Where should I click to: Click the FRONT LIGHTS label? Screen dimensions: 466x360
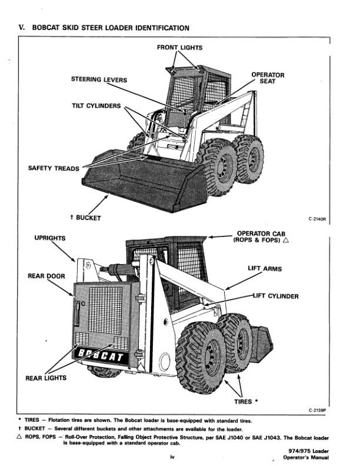(x=180, y=46)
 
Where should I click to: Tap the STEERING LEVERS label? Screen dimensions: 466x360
(x=99, y=79)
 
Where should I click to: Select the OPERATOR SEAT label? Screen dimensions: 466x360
(x=268, y=79)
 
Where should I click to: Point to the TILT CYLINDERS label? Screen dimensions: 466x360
(x=96, y=106)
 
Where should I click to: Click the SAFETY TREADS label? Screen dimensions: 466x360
(x=54, y=168)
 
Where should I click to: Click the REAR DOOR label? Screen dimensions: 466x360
(x=46, y=275)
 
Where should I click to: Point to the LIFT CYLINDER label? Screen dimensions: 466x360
(x=275, y=296)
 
